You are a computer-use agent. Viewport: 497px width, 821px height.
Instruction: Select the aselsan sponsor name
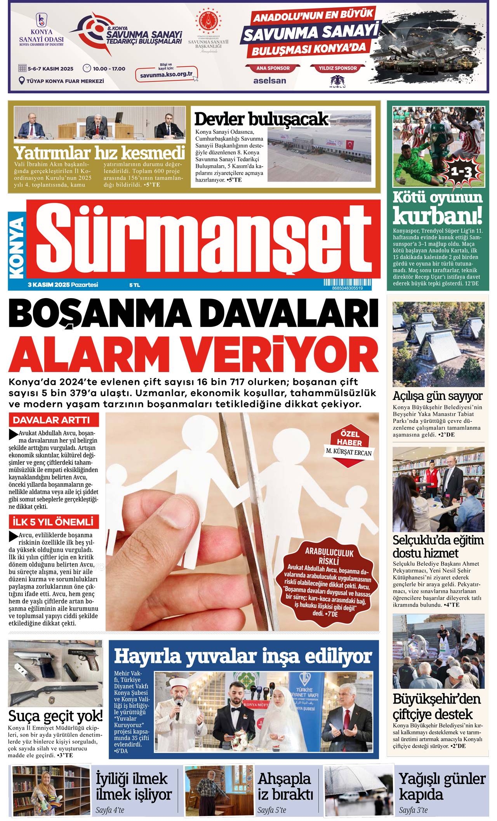269,80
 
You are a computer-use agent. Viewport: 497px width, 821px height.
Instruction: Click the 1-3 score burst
461,171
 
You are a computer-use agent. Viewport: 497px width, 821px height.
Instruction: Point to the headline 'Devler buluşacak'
261,119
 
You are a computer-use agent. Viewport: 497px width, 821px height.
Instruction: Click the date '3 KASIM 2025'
49,285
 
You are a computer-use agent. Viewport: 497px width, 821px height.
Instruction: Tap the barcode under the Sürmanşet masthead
347,285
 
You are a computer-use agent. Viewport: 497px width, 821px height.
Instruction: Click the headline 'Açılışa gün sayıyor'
437,396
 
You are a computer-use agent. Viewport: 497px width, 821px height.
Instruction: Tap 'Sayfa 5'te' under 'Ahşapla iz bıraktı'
272,810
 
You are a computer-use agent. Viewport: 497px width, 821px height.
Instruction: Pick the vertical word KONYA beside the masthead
16,247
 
